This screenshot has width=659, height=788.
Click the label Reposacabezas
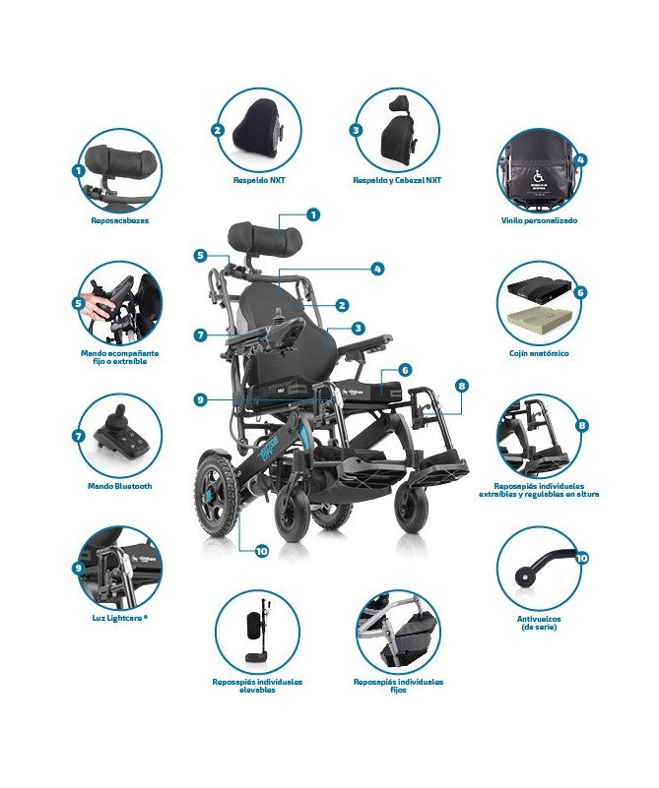[120, 220]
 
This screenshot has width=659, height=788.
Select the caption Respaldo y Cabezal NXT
[398, 181]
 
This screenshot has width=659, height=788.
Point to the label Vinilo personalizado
[539, 220]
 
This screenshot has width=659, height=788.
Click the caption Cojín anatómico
[539, 352]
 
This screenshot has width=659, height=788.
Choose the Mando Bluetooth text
[119, 486]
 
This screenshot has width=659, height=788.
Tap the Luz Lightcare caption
[119, 618]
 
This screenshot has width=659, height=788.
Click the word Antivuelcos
[539, 618]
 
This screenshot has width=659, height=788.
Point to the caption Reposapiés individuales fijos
[398, 682]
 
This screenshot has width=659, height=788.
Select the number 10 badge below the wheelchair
[261, 551]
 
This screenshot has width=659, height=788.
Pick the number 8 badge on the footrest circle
[581, 425]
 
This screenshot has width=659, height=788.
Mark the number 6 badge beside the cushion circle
[580, 292]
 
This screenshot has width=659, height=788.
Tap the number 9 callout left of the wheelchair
[200, 399]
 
